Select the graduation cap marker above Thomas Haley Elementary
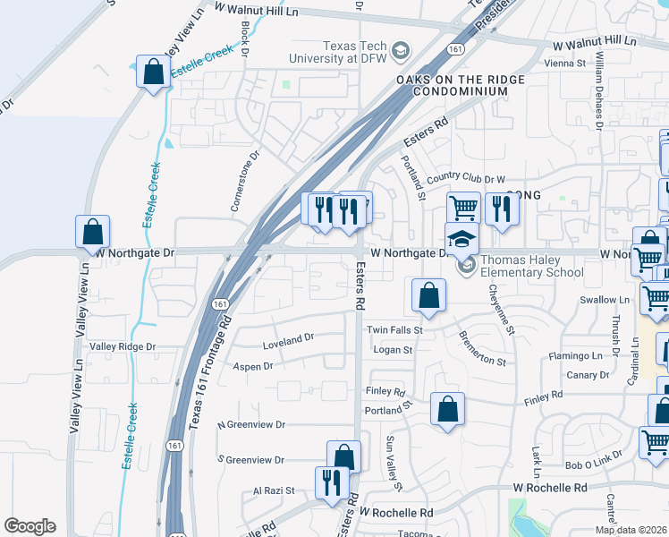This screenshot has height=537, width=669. pos(462,239)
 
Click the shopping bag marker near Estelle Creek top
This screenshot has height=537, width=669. pos(153,72)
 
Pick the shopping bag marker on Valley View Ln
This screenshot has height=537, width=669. pos(93,232)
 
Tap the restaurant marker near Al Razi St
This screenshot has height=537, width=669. pos(332,482)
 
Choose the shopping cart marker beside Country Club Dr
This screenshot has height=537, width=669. pos(463,209)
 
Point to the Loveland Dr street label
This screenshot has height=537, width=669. pos(289,340)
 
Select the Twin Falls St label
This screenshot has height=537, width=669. pos(394,330)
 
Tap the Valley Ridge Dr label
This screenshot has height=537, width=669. pos(123,346)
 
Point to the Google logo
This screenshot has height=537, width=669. pos(30,526)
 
